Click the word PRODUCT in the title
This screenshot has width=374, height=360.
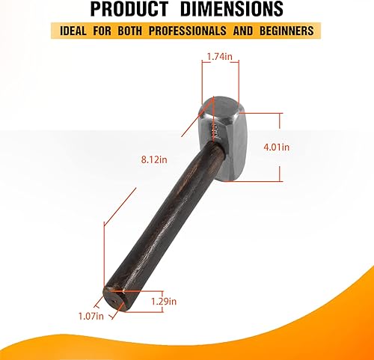(x=129, y=9)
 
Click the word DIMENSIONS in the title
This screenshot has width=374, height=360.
(x=232, y=9)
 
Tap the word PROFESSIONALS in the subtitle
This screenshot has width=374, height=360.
(x=188, y=31)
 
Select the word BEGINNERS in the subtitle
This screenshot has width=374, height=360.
(x=286, y=31)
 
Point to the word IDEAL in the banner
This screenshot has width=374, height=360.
(x=73, y=31)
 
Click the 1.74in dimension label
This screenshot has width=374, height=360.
(x=220, y=57)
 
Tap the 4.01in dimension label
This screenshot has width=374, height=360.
(x=277, y=147)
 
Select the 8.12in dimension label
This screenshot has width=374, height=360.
(x=154, y=159)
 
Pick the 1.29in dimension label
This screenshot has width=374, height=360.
(x=164, y=302)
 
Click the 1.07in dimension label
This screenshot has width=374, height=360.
(x=91, y=317)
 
